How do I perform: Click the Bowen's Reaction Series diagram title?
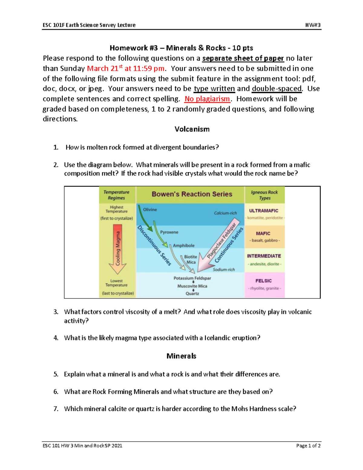192,194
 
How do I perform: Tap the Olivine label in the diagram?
150,209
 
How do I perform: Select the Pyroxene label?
169,232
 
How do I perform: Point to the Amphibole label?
184,245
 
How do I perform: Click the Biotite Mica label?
191,259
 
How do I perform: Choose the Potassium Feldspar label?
192,278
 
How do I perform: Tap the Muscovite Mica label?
192,286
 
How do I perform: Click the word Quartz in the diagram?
192,294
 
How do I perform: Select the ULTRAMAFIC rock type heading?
263,211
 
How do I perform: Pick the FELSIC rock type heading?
263,281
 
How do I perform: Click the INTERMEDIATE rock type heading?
264,256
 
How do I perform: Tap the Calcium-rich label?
225,213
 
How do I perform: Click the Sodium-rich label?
224,270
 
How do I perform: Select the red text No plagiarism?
207,99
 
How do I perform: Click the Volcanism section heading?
192,129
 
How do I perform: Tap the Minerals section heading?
181,356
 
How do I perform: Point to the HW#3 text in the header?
313,25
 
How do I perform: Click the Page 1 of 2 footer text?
308,445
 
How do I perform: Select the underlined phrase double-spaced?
276,89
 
